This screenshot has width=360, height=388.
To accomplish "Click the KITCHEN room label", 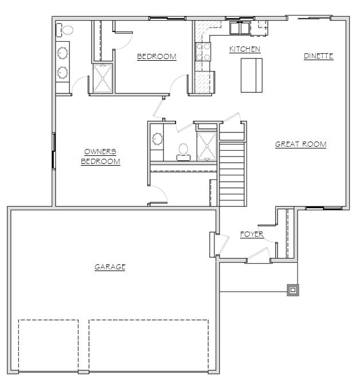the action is [x=245, y=49].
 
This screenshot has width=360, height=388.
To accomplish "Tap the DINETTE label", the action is [x=318, y=56].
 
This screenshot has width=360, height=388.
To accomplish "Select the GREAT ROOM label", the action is [x=300, y=144].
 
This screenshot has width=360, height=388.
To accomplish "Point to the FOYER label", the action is [x=252, y=234].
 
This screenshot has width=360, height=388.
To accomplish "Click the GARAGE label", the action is [x=110, y=266].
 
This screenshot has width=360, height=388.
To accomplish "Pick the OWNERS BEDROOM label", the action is [x=100, y=156].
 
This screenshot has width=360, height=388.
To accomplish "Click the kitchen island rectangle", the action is [x=252, y=76].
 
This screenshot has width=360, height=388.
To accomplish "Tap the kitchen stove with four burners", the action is [x=203, y=52].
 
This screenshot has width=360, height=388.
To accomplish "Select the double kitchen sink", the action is [x=240, y=28].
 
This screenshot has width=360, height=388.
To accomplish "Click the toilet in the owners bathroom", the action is [x=65, y=30].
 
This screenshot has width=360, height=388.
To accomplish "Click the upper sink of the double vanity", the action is [x=62, y=53].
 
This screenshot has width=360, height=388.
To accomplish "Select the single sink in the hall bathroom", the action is [x=157, y=139].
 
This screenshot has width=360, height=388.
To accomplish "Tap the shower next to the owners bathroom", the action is [x=103, y=78].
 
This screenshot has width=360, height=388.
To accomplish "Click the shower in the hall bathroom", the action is [x=206, y=147].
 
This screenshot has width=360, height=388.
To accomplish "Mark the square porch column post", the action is [x=293, y=290].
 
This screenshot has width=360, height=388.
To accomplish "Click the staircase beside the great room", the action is [x=232, y=169].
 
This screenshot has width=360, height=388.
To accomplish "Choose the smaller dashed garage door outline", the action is [x=49, y=346].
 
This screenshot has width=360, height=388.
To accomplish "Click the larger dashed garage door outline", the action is [x=148, y=346].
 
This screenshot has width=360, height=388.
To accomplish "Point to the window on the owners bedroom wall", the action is [x=53, y=151].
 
